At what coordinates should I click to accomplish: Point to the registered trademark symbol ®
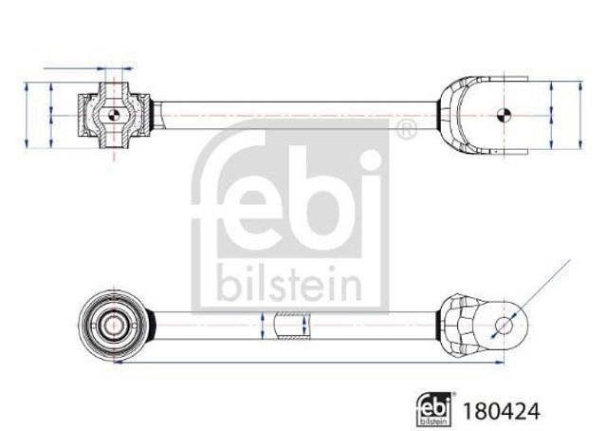(405, 130)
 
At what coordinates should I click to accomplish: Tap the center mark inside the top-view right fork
(505, 114)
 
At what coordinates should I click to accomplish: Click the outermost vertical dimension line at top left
(28, 114)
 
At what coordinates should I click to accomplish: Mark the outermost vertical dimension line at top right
(578, 114)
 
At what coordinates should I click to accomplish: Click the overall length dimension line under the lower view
(303, 362)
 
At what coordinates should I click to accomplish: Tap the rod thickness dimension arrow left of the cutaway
(260, 328)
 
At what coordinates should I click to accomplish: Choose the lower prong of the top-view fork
(493, 148)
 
